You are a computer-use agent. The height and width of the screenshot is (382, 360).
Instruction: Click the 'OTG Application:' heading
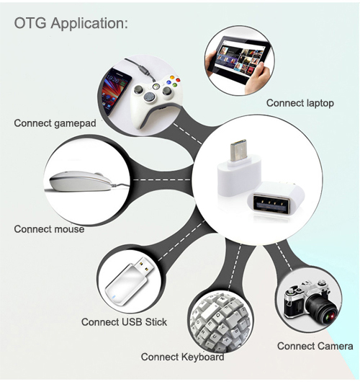tap(71, 23)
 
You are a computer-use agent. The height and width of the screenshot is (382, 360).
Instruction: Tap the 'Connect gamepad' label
tap(55, 123)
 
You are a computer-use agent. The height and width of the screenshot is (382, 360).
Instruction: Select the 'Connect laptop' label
tap(300, 103)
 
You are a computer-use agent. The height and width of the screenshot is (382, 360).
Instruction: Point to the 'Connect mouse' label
tap(49, 229)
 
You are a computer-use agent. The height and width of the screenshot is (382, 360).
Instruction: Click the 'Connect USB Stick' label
tap(124, 322)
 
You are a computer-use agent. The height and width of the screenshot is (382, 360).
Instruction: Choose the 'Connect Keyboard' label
tap(183, 357)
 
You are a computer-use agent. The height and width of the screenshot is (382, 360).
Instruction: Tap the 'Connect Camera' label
tap(315, 346)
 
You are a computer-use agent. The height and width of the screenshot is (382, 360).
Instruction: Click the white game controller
tap(156, 99)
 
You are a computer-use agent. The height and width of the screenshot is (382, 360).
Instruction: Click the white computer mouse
tap(81, 182)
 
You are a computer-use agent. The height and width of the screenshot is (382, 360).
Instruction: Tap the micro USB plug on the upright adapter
tap(238, 151)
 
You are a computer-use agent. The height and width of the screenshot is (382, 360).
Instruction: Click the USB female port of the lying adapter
tap(271, 203)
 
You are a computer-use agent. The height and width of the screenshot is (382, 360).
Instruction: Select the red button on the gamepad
tap(178, 80)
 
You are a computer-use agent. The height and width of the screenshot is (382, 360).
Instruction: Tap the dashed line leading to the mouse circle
tap(162, 180)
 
